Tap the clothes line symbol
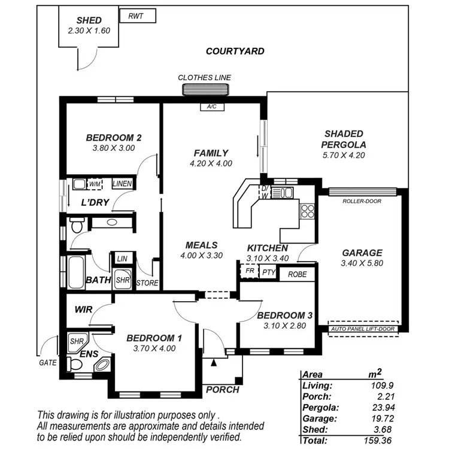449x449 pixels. [x=205, y=90]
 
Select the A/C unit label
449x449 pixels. [x=211, y=107]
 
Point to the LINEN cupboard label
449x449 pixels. [x=122, y=184]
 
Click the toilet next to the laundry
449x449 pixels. [x=75, y=227]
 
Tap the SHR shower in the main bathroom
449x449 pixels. [x=122, y=280]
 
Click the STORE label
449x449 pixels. [x=147, y=283]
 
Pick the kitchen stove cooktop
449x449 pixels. [x=307, y=210]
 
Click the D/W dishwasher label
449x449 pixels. [x=264, y=192]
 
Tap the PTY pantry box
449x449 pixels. [x=269, y=273]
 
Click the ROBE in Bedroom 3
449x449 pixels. [x=297, y=274]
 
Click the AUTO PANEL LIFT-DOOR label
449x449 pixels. [x=363, y=329]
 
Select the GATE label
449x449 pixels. [x=47, y=362]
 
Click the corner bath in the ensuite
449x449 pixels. [x=101, y=363]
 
